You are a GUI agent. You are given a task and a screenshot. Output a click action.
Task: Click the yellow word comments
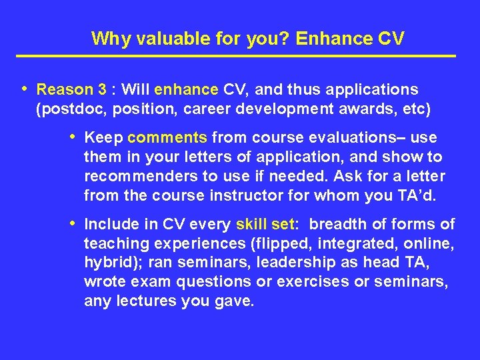167,138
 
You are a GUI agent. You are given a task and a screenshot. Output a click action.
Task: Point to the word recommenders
132,176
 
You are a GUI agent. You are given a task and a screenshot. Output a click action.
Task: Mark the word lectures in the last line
145,301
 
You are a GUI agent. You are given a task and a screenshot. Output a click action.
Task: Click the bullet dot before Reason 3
25,89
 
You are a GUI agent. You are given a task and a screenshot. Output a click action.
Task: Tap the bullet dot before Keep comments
73,137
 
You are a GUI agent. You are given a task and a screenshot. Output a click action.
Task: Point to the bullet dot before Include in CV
73,224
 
